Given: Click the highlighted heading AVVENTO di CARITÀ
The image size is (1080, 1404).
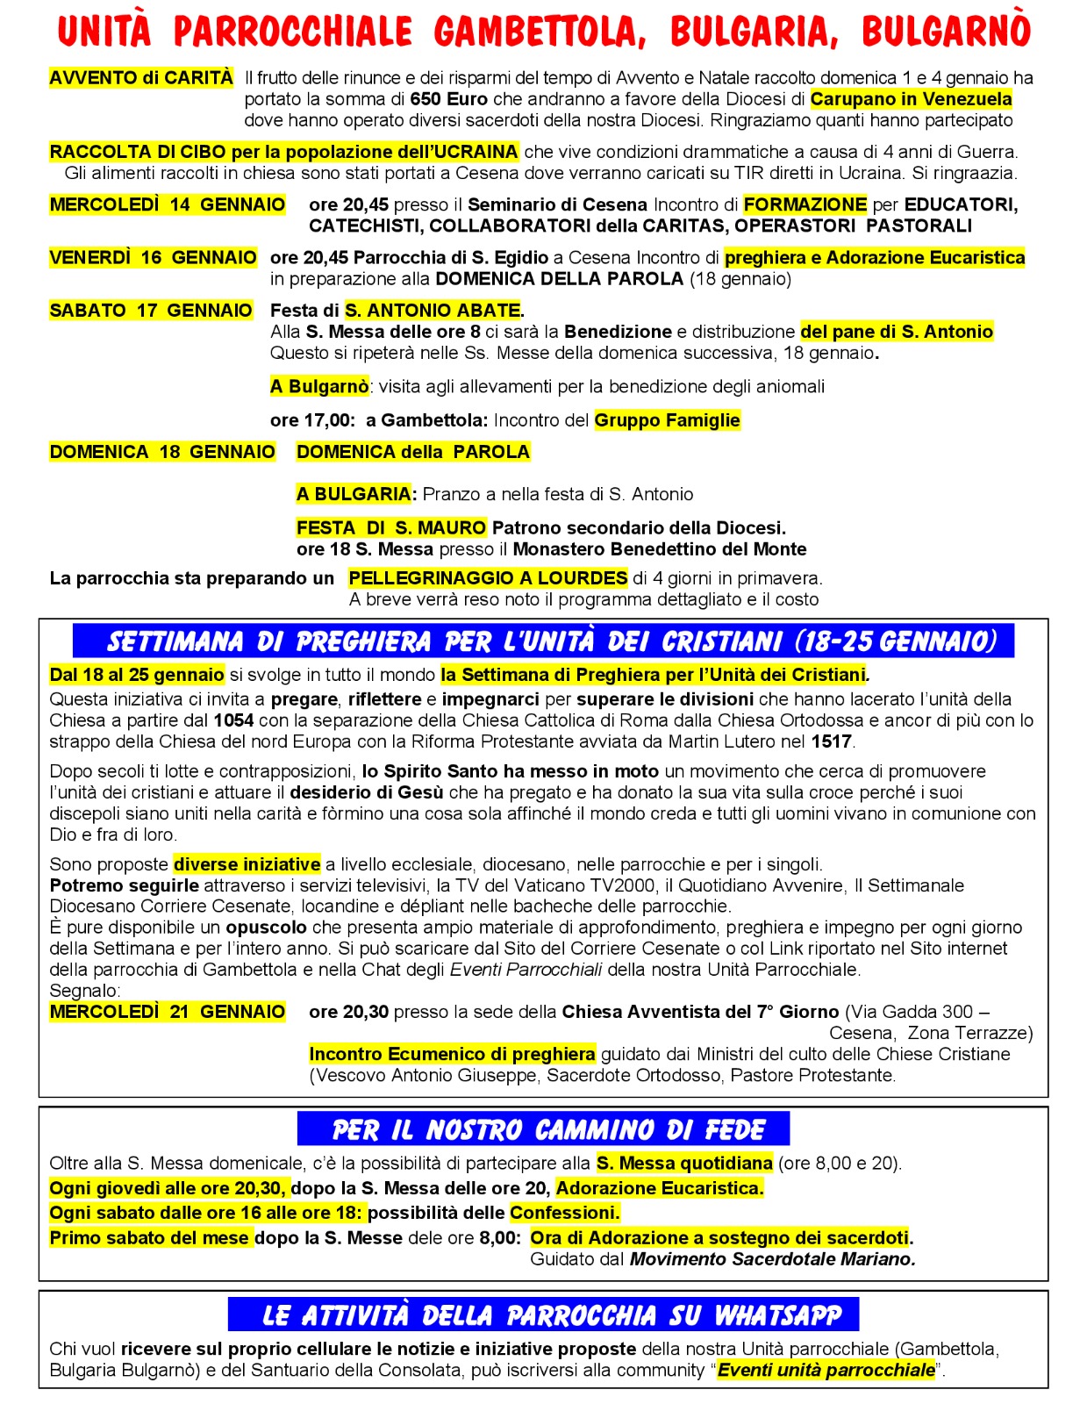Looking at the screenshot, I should pos(141,78).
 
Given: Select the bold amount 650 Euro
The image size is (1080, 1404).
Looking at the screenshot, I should pos(448,99).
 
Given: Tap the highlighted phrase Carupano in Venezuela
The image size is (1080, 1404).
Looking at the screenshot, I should pos(911,99).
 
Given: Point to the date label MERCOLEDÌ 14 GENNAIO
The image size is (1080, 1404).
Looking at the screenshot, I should pos(167,204).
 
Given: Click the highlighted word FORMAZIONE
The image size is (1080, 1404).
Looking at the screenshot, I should pos(805,204).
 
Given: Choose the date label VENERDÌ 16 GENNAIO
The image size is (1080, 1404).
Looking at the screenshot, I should pos(153,257).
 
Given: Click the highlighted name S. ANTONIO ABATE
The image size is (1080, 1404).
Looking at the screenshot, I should pos(433,310).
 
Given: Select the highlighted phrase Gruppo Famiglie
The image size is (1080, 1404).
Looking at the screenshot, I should pos(667,420).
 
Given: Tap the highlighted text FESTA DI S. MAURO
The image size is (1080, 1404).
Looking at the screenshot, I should pos(390,527).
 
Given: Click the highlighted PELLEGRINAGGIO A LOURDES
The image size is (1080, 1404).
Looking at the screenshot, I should pos(488,578).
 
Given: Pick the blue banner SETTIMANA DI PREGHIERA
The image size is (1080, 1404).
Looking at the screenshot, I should pos(543,641).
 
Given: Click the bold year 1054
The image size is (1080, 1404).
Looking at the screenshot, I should pos(233,720).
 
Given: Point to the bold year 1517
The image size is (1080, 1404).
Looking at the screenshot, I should pos(831,741).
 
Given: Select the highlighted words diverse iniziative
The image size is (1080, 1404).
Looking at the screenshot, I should pos(247,864).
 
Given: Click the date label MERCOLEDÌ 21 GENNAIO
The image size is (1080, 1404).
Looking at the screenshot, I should pos(167,1012).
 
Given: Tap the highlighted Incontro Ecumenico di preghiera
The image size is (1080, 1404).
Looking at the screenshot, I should pos(452,1054).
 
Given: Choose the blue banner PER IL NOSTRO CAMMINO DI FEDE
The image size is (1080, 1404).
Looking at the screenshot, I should pos(543,1129).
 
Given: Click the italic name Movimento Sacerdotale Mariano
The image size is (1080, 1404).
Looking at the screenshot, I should pos(772,1259).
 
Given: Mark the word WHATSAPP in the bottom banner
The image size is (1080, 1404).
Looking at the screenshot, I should pos(777,1315).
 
